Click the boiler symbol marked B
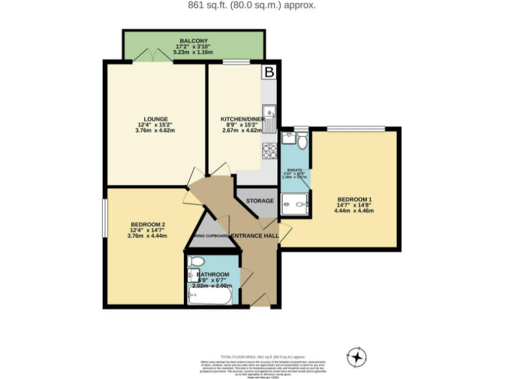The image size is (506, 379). (269, 72)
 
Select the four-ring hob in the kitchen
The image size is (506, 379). (269, 151)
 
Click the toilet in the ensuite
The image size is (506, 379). (302, 141)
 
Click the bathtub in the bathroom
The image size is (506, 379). (210, 296)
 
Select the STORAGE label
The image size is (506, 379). (260, 201)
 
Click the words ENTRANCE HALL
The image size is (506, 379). (254, 236)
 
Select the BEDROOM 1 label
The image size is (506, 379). (355, 199)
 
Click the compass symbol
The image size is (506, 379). (356, 357)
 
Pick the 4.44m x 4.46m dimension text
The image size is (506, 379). (355, 211)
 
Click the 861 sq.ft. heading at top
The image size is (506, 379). (252, 5)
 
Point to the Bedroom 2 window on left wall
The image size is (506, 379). (104, 217)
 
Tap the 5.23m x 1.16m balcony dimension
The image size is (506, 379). (193, 51)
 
